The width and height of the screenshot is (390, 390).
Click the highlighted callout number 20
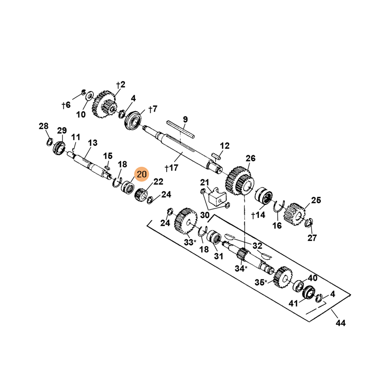pos(141,174)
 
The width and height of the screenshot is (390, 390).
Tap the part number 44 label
pos(340,323)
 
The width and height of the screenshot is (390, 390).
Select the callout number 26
pos(251,158)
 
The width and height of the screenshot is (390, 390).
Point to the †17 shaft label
pos(172,168)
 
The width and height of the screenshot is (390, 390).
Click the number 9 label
pos(185,119)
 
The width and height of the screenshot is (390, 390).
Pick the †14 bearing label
pos(258,215)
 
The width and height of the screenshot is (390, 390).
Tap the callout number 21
pos(204,182)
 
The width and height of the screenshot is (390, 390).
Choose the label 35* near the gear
pos(261,283)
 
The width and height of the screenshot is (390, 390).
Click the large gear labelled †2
pos(104,104)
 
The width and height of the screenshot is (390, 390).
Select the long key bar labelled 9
pos(180,129)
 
